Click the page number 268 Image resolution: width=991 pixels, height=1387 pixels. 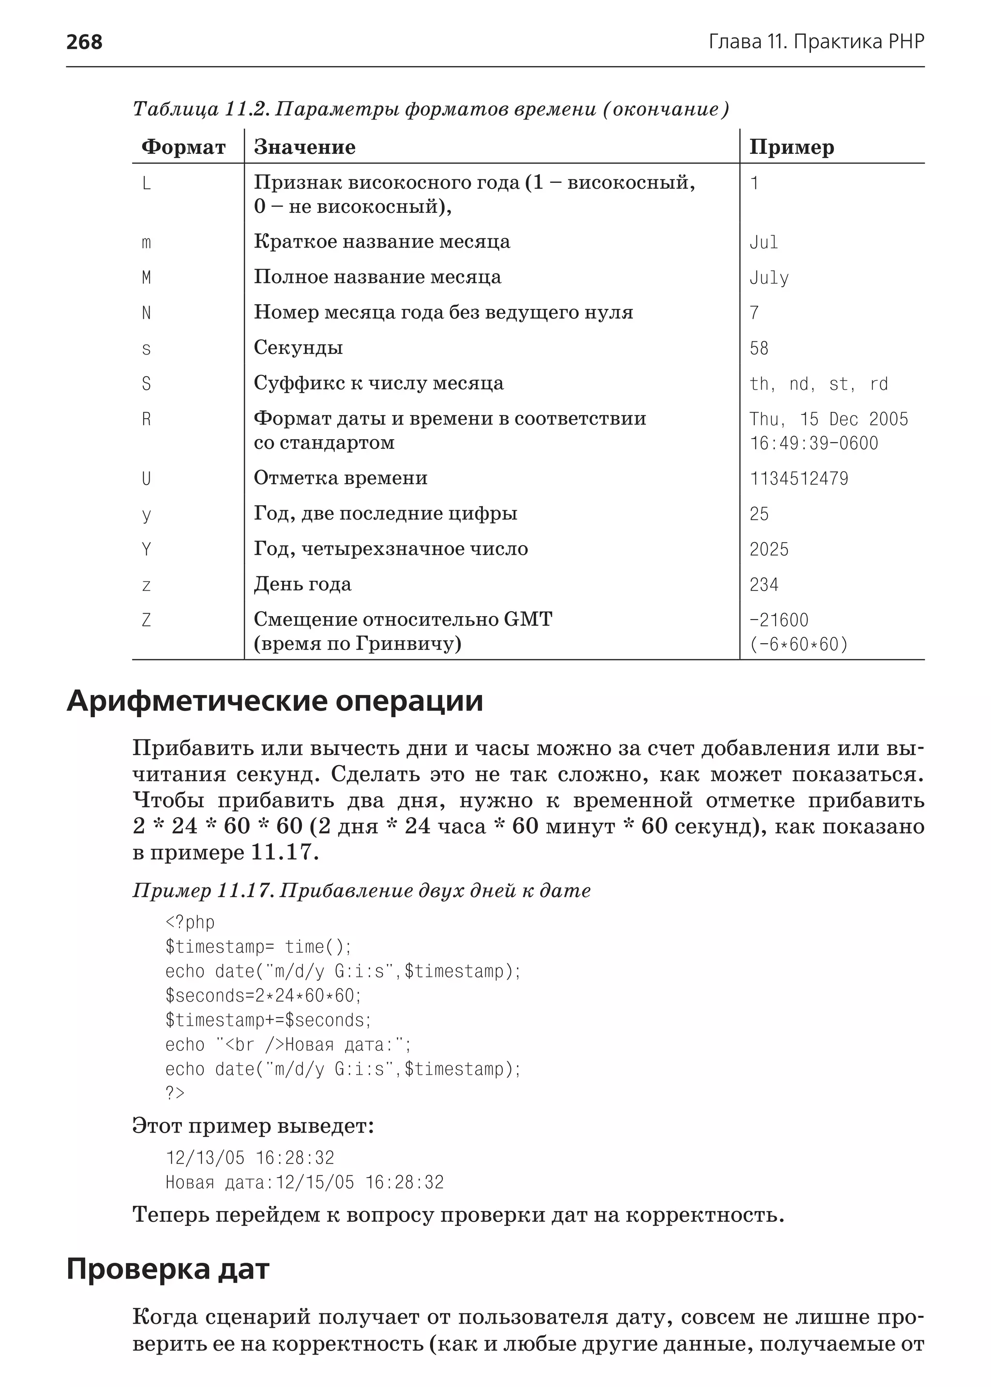point(84,42)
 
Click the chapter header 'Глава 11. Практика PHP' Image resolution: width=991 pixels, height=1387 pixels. point(816,42)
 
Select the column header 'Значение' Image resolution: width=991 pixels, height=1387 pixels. point(304,147)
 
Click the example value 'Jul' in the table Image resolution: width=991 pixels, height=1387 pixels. point(764,242)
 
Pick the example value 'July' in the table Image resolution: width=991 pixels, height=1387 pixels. point(769,278)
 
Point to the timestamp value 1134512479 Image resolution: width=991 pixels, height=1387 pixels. point(799,479)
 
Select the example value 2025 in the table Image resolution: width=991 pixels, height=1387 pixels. point(769,549)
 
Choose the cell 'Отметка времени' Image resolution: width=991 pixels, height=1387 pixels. point(341,478)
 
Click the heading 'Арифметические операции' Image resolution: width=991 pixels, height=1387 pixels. point(274,701)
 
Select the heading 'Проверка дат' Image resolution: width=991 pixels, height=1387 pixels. point(168,1269)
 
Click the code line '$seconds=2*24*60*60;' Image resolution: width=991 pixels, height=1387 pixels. point(264,995)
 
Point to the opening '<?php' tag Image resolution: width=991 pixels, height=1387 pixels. point(190,922)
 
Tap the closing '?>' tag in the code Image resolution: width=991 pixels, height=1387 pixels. point(175,1092)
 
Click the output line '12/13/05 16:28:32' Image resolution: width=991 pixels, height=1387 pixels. point(250,1158)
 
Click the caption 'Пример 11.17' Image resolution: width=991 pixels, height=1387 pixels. point(203,890)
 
